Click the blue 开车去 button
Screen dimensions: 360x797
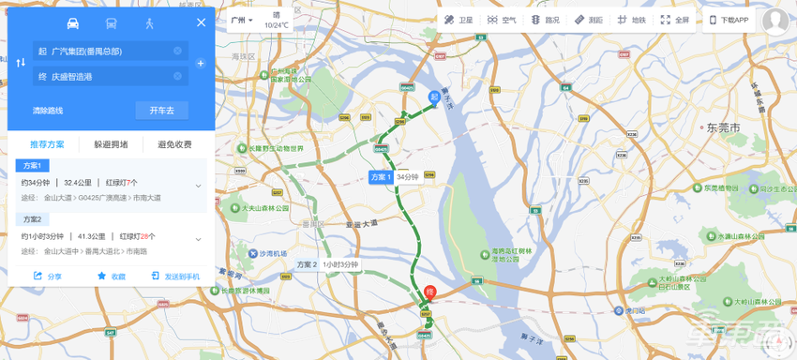161,111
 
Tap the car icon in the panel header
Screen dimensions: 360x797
73,22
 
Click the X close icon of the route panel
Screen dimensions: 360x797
201,22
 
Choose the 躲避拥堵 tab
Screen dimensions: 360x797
111,144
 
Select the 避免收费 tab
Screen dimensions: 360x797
174,144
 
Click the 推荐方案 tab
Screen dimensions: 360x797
47,144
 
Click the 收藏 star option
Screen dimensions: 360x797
111,277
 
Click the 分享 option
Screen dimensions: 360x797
48,277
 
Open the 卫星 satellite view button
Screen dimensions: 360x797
459,20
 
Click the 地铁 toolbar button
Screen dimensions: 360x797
632,20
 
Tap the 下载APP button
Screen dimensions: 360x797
729,20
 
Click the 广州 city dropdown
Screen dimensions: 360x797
242,20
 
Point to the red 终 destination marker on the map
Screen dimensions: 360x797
430,292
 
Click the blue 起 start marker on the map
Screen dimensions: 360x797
434,97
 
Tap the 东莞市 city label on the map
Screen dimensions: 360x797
724,126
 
